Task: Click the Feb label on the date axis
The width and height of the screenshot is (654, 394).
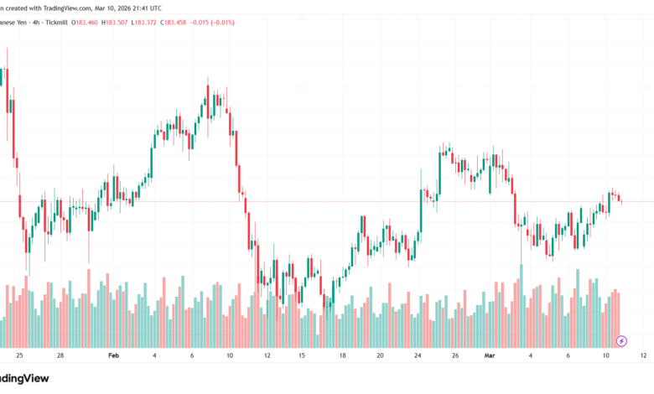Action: click(x=113, y=355)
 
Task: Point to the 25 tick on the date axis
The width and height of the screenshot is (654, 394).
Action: click(x=18, y=355)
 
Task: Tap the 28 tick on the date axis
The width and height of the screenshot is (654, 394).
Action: click(x=60, y=355)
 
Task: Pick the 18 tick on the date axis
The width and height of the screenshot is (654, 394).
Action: click(x=343, y=355)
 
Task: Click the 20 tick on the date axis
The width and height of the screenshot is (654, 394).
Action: click(x=380, y=355)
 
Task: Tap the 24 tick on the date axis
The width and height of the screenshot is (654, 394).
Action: click(x=418, y=355)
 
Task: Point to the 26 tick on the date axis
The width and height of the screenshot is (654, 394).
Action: click(x=455, y=355)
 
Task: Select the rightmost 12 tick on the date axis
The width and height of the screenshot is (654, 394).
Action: click(x=642, y=355)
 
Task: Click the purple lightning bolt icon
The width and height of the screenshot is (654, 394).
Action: click(x=621, y=341)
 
